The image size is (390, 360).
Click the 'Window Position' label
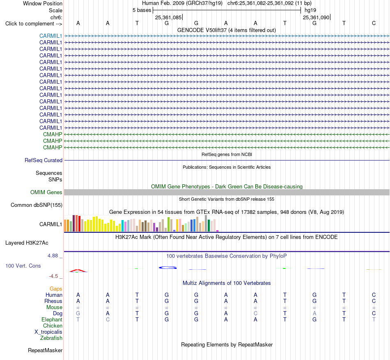point(43,3)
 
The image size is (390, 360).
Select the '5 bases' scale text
point(142,10)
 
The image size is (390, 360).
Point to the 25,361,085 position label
point(168,17)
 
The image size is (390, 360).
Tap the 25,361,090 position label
point(316,17)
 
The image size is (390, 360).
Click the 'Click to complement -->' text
point(34,24)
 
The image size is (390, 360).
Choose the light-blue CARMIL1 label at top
point(50,36)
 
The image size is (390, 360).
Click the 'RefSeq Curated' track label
point(43,161)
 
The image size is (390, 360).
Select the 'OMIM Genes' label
point(46,192)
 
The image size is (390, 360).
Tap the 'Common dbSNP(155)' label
point(36,205)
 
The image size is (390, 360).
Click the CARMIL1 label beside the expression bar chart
point(50,224)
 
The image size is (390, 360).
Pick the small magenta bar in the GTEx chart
point(218,231)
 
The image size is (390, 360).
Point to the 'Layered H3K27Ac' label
point(27,243)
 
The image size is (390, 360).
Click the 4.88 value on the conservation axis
point(53,256)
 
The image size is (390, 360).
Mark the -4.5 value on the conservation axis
point(53,276)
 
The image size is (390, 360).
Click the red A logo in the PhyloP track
point(78,271)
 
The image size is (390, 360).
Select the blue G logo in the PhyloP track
point(167,268)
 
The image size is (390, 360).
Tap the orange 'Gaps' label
point(56,289)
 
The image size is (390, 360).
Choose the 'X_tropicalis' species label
point(48,332)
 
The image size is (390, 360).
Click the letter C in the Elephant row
point(108,319)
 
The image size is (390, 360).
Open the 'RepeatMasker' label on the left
point(45,350)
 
